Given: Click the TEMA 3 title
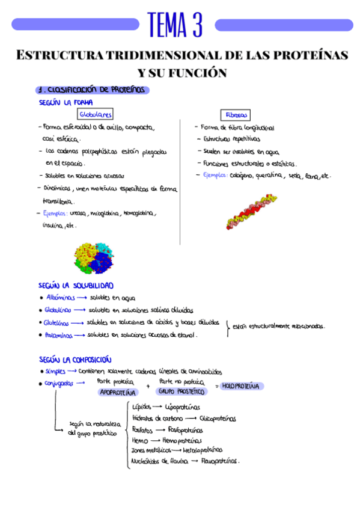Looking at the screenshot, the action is (x=175, y=25).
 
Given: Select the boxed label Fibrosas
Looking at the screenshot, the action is (x=235, y=114).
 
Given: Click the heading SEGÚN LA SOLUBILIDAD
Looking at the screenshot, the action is (x=76, y=285).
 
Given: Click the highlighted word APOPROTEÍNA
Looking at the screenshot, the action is (x=118, y=392).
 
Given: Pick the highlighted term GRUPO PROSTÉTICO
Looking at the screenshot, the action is (x=182, y=391).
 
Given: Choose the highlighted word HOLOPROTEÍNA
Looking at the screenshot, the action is (x=240, y=386).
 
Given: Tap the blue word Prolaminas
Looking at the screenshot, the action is (x=59, y=336).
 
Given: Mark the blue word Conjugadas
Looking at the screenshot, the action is (x=60, y=383).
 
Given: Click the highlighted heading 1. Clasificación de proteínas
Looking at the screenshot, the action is (x=93, y=90).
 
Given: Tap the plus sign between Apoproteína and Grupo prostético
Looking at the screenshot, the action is (x=148, y=387).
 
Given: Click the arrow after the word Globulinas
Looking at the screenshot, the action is (x=79, y=310).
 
